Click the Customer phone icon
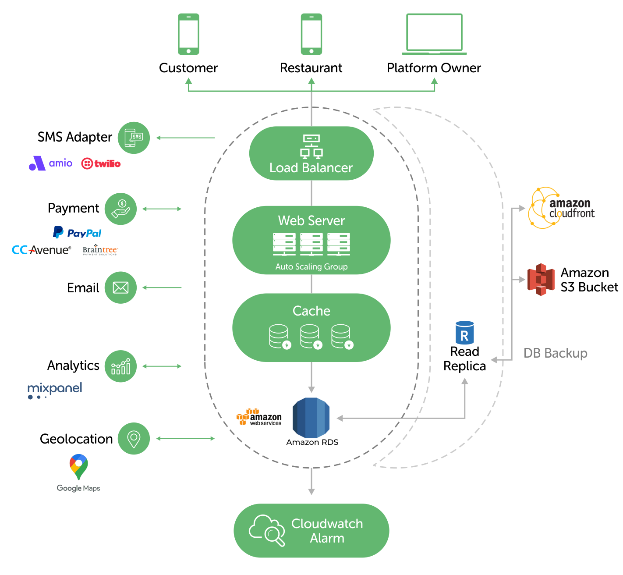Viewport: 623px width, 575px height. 188,34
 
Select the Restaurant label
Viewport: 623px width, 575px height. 311,68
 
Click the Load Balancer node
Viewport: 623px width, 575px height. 311,153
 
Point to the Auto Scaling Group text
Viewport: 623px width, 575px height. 311,266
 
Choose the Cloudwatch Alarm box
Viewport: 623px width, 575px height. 311,530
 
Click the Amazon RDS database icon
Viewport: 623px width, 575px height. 311,418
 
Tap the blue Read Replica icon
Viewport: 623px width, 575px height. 464,332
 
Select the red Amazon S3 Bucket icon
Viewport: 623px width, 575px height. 541,280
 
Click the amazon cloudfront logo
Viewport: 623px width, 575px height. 561,208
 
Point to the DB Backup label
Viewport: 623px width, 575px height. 555,353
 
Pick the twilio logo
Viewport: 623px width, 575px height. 101,163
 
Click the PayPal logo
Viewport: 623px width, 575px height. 77,233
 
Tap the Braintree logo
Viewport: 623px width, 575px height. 100,250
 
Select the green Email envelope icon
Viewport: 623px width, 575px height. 120,287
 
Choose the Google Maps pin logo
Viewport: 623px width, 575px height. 79,467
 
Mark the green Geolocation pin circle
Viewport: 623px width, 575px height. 134,438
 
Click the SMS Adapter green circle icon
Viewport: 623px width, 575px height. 134,138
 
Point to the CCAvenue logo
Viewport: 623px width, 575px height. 41,250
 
